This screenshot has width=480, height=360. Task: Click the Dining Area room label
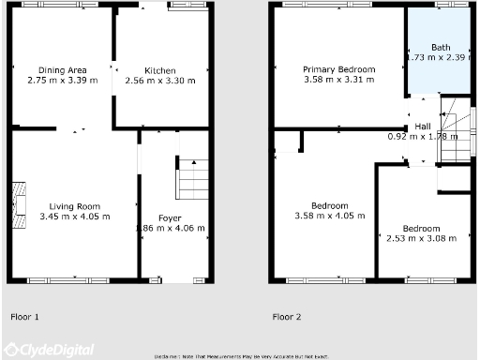pyautogui.click(x=63, y=70)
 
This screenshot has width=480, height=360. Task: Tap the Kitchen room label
pyautogui.click(x=160, y=70)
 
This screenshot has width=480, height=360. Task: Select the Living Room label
pyautogui.click(x=75, y=205)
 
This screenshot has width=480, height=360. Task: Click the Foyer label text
pyautogui.click(x=170, y=217)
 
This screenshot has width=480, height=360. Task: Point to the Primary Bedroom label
pyautogui.click(x=338, y=69)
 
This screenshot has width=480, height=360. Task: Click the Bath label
pyautogui.click(x=441, y=47)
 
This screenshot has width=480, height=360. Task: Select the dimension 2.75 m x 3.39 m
pyautogui.click(x=63, y=82)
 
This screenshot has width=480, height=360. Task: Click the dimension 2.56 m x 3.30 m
pyautogui.click(x=160, y=82)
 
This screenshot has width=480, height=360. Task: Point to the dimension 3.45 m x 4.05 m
pyautogui.click(x=75, y=217)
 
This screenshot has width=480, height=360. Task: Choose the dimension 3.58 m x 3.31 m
pyautogui.click(x=338, y=81)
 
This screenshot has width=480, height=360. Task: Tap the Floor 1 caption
pyautogui.click(x=24, y=317)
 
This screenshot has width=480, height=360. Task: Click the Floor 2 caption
pyautogui.click(x=287, y=317)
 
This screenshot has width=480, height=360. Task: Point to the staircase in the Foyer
pyautogui.click(x=192, y=179)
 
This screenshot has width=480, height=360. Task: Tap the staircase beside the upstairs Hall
pyautogui.click(x=457, y=131)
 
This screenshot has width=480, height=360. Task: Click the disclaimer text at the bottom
pyautogui.click(x=241, y=356)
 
